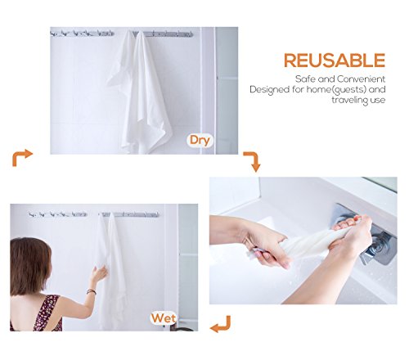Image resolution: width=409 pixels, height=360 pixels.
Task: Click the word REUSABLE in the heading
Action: [335, 61]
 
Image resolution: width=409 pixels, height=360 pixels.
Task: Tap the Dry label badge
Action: [200, 141]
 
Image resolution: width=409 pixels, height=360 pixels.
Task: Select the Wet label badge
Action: [164, 318]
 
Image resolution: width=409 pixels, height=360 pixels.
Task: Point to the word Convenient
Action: [361, 79]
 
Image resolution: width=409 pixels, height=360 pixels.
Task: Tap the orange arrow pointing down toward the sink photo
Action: [254, 160]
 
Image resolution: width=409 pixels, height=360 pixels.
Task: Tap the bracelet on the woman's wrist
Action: [92, 292]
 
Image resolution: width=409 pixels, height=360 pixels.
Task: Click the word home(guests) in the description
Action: [336, 90]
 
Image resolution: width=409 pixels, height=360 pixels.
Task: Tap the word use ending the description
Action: [377, 101]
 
